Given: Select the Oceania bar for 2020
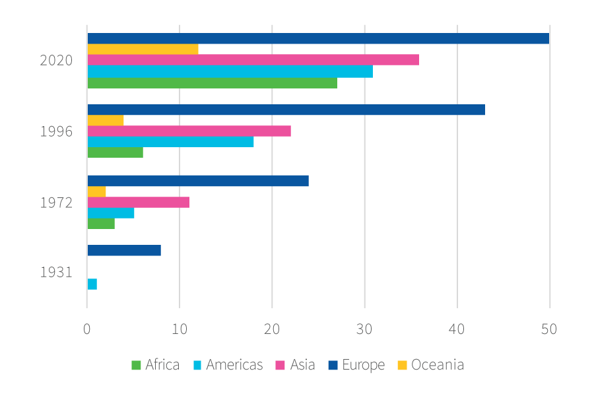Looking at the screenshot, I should point(143,49).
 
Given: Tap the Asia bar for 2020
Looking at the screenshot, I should point(253,60).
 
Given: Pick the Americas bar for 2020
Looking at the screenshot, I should point(230,71).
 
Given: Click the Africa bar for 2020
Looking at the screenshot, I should point(212,82).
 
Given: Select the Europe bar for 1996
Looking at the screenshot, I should point(286,110).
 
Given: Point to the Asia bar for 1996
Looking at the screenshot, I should point(189,131).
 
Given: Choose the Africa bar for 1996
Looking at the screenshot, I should point(115,152).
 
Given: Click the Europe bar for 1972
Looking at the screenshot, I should point(198,181).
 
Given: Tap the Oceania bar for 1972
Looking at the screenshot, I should point(96,191).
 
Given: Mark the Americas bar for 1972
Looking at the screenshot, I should point(110,213).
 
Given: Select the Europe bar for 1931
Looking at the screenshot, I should point(124,251).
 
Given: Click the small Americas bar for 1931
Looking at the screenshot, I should point(92,284).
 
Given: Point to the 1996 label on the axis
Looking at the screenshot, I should point(56,131).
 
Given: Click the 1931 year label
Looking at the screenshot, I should point(56,272).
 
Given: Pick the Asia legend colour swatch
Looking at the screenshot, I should point(279,365).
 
